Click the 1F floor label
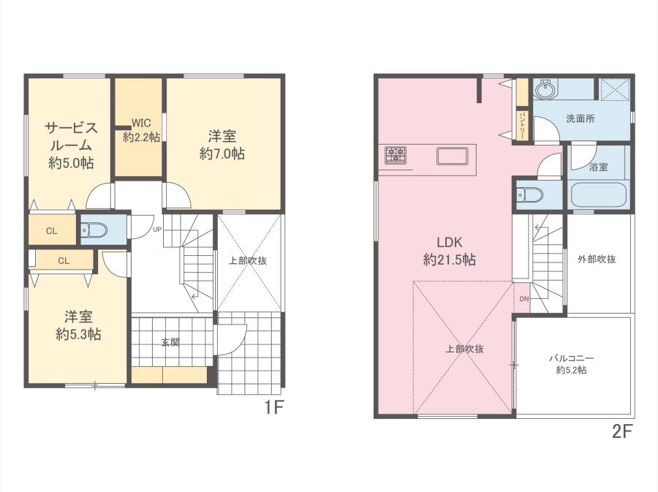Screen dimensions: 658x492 [x=274, y=407]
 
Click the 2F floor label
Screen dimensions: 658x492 [x=622, y=431]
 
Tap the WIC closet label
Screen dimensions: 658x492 [x=141, y=123]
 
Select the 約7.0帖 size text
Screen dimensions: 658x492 [x=222, y=154]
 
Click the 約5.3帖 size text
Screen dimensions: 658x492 [x=78, y=334]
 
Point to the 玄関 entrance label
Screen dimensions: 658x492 [x=170, y=342]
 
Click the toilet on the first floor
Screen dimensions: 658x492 [x=94, y=230]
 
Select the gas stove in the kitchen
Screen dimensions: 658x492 [x=396, y=154]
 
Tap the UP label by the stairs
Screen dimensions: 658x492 [x=157, y=230]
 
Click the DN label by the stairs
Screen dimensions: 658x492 [x=524, y=299]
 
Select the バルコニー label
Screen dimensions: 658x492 [x=572, y=359]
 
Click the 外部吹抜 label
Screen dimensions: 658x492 [x=597, y=260]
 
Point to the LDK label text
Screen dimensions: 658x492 [x=450, y=242]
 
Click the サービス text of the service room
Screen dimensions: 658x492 [x=72, y=127]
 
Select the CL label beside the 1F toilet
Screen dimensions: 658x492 [x=52, y=231]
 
